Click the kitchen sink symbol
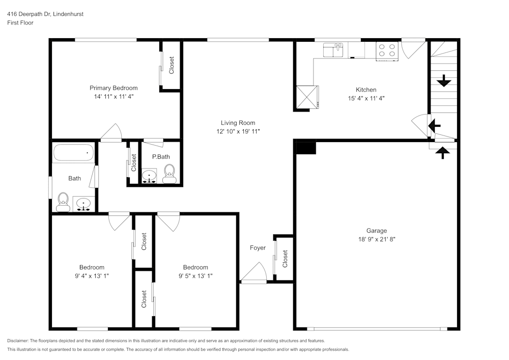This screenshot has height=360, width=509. (334, 50)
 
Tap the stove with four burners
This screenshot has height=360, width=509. (386, 50)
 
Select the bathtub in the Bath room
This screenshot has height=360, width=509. (74, 153)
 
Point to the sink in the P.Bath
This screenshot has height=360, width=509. (149, 177)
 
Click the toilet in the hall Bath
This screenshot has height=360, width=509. (63, 202)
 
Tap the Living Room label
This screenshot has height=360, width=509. (238, 123)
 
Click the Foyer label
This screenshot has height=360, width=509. (258, 248)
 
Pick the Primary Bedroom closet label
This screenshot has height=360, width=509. (172, 65)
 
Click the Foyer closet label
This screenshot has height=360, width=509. (285, 259)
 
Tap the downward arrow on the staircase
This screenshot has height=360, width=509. (444, 80)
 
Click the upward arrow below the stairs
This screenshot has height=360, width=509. (443, 152)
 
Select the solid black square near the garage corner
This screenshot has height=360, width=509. (306, 148)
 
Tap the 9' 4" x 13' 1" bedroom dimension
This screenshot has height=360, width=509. (92, 275)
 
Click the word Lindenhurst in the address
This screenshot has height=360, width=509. (67, 14)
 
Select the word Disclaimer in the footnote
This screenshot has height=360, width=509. (18, 341)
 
